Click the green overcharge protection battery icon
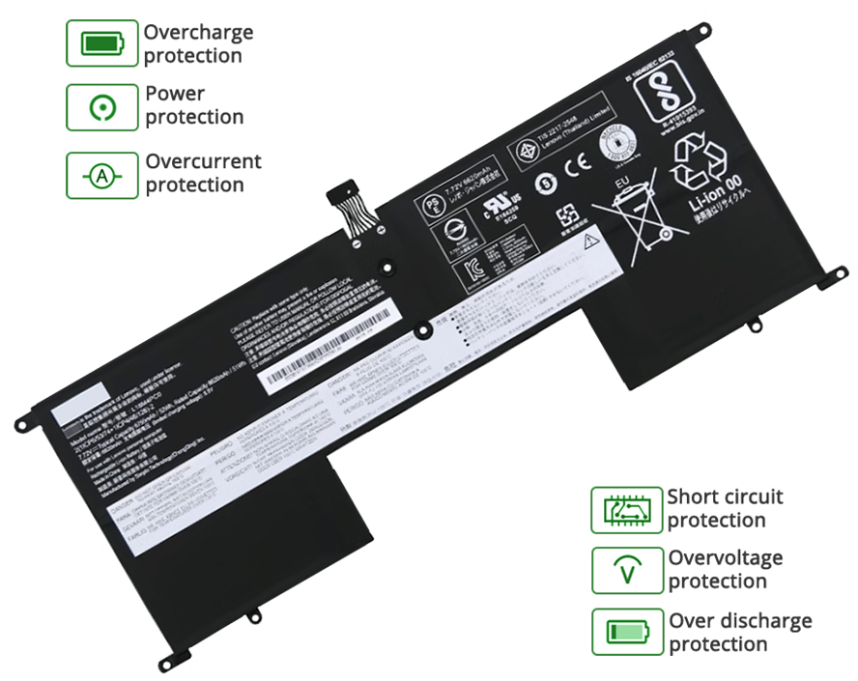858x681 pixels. click(101, 43)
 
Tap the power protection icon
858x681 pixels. click(101, 107)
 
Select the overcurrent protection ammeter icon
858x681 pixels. click(101, 175)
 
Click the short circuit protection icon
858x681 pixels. click(626, 510)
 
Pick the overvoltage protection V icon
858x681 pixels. click(626, 570)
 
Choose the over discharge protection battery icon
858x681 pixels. click(626, 632)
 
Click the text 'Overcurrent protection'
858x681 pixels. click(203, 173)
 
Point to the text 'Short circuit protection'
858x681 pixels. click(725, 508)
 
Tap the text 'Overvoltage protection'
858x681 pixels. click(725, 569)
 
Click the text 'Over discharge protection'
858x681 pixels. click(740, 632)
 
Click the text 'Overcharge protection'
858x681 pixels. click(198, 43)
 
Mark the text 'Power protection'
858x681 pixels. click(194, 105)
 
